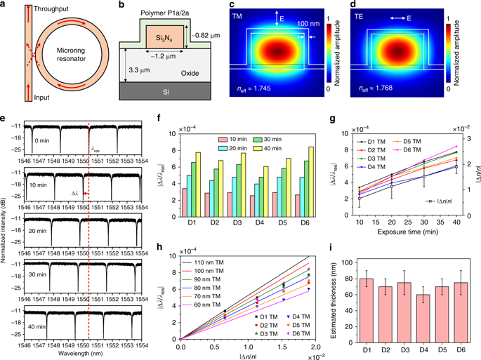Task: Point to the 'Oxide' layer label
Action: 166,69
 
